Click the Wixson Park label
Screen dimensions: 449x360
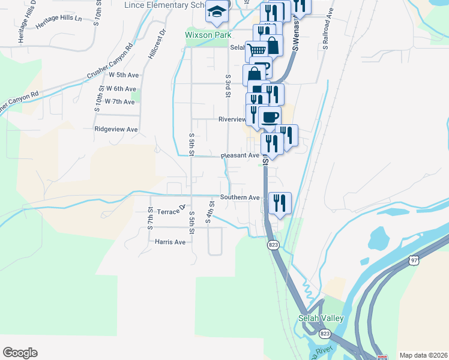pyautogui.click(x=207, y=35)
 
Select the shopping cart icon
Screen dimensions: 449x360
pyautogui.click(x=256, y=50)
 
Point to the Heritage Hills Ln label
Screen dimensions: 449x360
pyautogui.click(x=58, y=23)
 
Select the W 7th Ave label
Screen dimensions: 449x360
pyautogui.click(x=119, y=101)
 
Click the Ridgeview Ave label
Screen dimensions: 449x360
pyautogui.click(x=116, y=129)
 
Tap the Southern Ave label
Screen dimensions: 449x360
pyautogui.click(x=240, y=197)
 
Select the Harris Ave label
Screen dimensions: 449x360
pyautogui.click(x=170, y=242)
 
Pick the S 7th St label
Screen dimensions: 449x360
pyautogui.click(x=150, y=220)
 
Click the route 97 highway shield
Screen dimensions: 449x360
pyautogui.click(x=414, y=260)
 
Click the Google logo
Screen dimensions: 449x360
pyautogui.click(x=20, y=353)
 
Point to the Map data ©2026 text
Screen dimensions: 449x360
pyautogui.click(x=423, y=355)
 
